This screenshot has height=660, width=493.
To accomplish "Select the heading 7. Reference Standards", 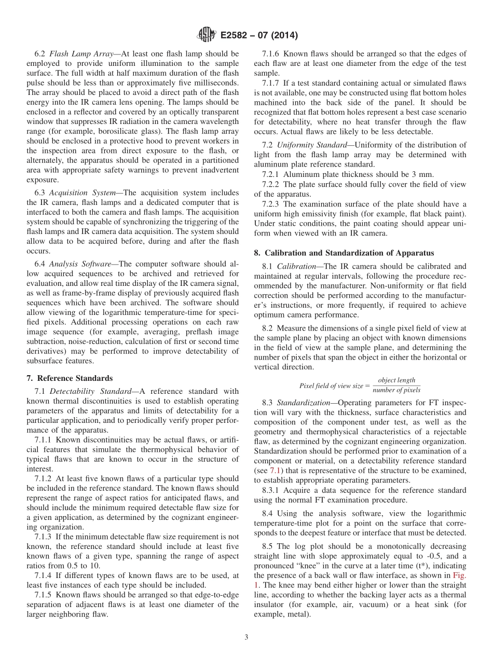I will [70, 378].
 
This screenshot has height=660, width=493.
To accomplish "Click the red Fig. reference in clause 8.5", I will [459, 590].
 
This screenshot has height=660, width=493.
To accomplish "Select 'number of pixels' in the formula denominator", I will [396, 390].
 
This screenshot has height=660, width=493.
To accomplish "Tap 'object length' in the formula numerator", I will [396, 380].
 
